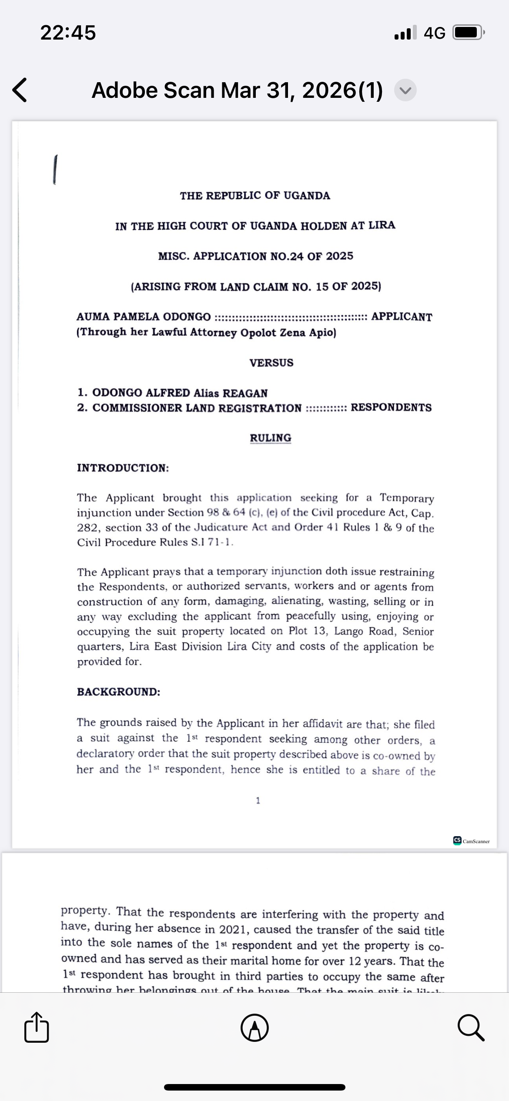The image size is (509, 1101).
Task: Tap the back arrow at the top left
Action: coord(20,90)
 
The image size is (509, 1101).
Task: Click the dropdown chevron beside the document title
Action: coord(405,90)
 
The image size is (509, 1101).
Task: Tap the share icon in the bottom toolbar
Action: coord(37,1028)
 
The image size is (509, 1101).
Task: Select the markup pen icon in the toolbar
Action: coord(254,1028)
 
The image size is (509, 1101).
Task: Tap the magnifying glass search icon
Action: coord(471,1028)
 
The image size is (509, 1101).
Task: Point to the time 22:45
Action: coord(68,33)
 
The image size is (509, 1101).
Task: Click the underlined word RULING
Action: coord(270,437)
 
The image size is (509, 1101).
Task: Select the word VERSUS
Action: coord(271,363)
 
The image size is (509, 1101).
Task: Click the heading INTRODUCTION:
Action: coord(123,468)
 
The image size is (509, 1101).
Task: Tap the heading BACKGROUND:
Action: coord(118,692)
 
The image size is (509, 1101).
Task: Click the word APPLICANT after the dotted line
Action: coord(402,317)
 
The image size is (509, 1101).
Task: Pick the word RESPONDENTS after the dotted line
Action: coord(391,407)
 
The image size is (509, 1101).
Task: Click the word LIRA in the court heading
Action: coord(382,225)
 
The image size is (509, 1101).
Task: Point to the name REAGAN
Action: coord(245,393)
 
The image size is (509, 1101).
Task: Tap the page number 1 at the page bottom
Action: coord(258,801)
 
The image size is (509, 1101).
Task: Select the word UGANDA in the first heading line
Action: coord(307,196)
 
